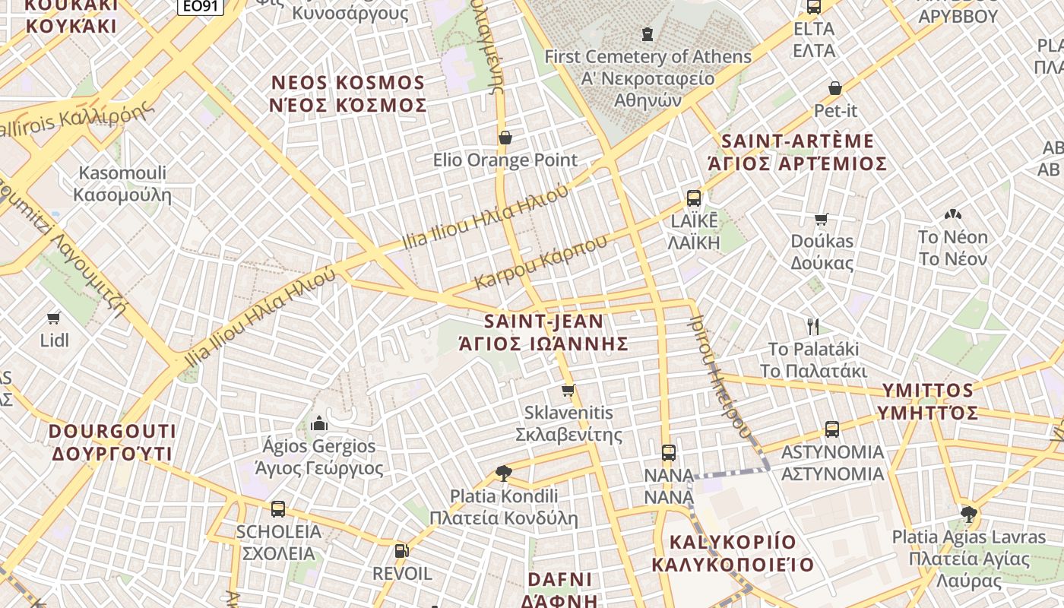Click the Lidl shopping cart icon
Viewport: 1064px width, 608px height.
click(53, 318)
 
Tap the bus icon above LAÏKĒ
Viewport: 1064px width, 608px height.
click(693, 198)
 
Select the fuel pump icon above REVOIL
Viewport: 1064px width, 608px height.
click(401, 551)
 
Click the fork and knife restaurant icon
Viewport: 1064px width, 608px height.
click(813, 327)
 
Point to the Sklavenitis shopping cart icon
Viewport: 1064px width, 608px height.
click(568, 391)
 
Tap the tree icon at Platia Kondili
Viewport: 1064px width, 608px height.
click(503, 473)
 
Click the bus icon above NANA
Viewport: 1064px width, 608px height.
click(668, 453)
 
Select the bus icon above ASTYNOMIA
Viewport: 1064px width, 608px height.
click(832, 429)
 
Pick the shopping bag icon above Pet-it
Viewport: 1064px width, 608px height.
click(835, 88)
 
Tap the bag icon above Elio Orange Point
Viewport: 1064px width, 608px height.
click(505, 138)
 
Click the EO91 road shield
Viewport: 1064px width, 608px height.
click(201, 6)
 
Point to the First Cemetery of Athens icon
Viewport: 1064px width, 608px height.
click(647, 34)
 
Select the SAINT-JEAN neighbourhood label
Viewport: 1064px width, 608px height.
click(544, 321)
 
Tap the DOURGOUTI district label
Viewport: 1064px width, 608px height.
click(112, 432)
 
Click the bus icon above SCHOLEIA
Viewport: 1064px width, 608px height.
click(278, 509)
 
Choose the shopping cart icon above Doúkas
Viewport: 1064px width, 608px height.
click(821, 220)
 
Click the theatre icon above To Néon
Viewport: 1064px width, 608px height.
click(951, 215)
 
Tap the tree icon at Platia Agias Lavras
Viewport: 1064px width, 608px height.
click(968, 515)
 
